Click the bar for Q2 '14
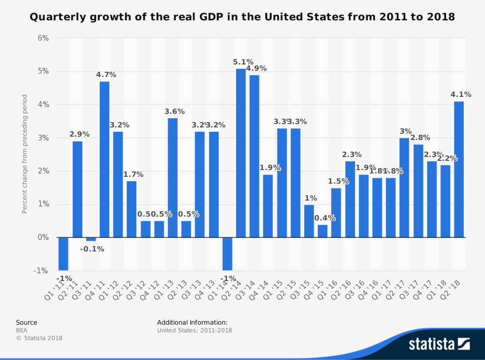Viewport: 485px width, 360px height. [241, 153]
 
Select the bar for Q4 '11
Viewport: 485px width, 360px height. [104, 159]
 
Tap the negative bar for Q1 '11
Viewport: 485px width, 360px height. [63, 254]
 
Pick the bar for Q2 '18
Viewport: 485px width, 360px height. [459, 170]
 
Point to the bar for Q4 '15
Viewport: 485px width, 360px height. [323, 231]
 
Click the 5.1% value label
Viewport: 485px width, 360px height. [243, 62]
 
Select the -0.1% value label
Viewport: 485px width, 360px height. [92, 249]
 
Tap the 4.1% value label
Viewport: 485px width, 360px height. [461, 94]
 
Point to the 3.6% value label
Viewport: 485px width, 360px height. [175, 111]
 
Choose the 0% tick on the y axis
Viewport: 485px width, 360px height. [43, 237]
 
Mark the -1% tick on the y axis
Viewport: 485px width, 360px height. [41, 270]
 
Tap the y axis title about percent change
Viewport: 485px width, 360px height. [25, 154]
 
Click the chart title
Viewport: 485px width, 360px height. [242, 17]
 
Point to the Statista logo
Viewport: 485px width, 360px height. [439, 344]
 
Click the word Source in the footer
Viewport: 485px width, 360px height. [27, 322]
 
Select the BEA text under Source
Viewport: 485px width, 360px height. [22, 330]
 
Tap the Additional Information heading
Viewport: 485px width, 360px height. [192, 322]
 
